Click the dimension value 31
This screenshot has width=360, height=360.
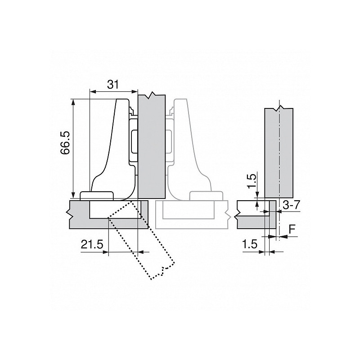(x=113, y=84)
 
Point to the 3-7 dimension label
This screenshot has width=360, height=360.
(x=291, y=205)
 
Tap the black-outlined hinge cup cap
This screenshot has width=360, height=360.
(x=96, y=195)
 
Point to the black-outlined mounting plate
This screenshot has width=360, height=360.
(x=133, y=139)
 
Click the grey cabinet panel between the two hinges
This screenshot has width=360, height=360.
(x=151, y=148)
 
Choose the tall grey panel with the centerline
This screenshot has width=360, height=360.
(x=279, y=153)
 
